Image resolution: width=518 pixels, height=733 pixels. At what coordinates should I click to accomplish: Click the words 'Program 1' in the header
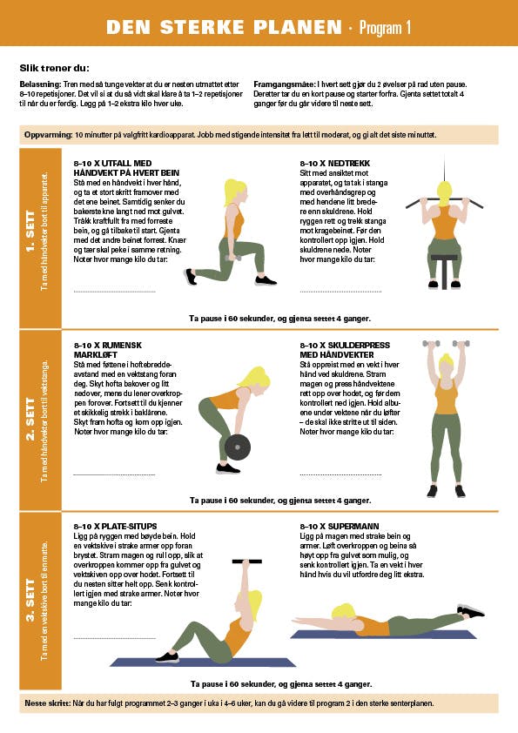[385, 28]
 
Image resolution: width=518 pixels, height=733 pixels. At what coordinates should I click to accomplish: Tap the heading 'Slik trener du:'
[54, 68]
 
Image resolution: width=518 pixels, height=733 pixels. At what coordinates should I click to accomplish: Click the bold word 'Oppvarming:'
[48, 135]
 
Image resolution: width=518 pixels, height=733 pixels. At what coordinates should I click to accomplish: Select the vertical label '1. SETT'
[30, 232]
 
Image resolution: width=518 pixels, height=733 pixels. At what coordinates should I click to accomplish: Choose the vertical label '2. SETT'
[30, 419]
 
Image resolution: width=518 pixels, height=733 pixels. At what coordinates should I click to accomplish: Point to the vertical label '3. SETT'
[30, 600]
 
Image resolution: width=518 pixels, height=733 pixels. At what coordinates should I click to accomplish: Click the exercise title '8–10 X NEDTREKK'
[334, 163]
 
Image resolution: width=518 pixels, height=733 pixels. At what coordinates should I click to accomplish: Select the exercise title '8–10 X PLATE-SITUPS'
[115, 526]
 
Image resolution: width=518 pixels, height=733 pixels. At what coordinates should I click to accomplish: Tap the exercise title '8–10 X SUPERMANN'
[340, 526]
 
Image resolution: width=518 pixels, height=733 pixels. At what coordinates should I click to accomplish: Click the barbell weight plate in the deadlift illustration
[238, 447]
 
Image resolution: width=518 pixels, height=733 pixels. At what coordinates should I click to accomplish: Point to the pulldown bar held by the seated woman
[444, 203]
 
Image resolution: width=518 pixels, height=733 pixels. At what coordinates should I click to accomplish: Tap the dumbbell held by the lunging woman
[232, 258]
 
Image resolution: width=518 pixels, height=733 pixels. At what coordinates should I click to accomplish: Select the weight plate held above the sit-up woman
[247, 561]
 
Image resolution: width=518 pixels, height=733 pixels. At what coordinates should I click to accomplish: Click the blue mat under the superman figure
[383, 635]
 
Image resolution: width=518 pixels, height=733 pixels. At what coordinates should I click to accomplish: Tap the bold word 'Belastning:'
[40, 84]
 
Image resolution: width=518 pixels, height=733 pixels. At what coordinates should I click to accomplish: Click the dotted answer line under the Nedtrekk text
[340, 292]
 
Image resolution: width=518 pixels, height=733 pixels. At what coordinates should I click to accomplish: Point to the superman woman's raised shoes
[470, 610]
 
